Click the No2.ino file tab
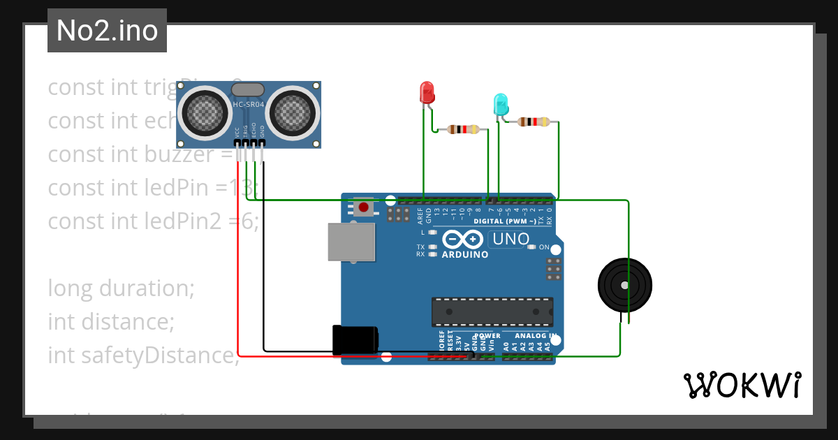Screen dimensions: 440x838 pyautogui.click(x=107, y=31)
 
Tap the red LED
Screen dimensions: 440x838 pyautogui.click(x=427, y=92)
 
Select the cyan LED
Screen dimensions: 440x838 pyautogui.click(x=500, y=105)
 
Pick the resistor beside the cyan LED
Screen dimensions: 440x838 pyautogui.click(x=534, y=122)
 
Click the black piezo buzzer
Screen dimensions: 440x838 pyautogui.click(x=624, y=285)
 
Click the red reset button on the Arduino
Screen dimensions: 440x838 pyautogui.click(x=363, y=207)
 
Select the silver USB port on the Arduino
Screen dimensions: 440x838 pyautogui.click(x=351, y=242)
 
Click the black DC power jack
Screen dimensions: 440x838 pyautogui.click(x=355, y=340)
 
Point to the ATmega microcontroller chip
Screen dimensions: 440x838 pyautogui.click(x=492, y=311)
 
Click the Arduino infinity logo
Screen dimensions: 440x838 pyautogui.click(x=462, y=240)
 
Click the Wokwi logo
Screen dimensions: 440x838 pyautogui.click(x=741, y=385)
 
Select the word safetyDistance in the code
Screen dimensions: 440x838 pyautogui.click(x=142, y=355)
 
